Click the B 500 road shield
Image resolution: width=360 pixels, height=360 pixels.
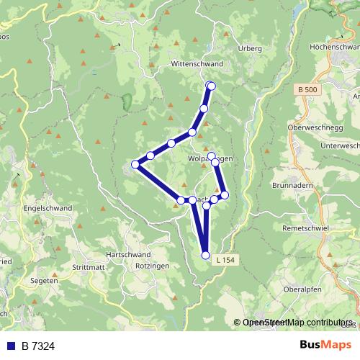pyautogui.click(x=305, y=89)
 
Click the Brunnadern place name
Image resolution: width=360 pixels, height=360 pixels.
pyautogui.click(x=291, y=184)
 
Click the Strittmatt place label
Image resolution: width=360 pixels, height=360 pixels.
pyautogui.click(x=87, y=267)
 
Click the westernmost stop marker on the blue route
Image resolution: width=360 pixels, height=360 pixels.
pyautogui.click(x=135, y=165)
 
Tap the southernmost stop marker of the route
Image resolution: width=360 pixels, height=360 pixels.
pyautogui.click(x=206, y=255)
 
